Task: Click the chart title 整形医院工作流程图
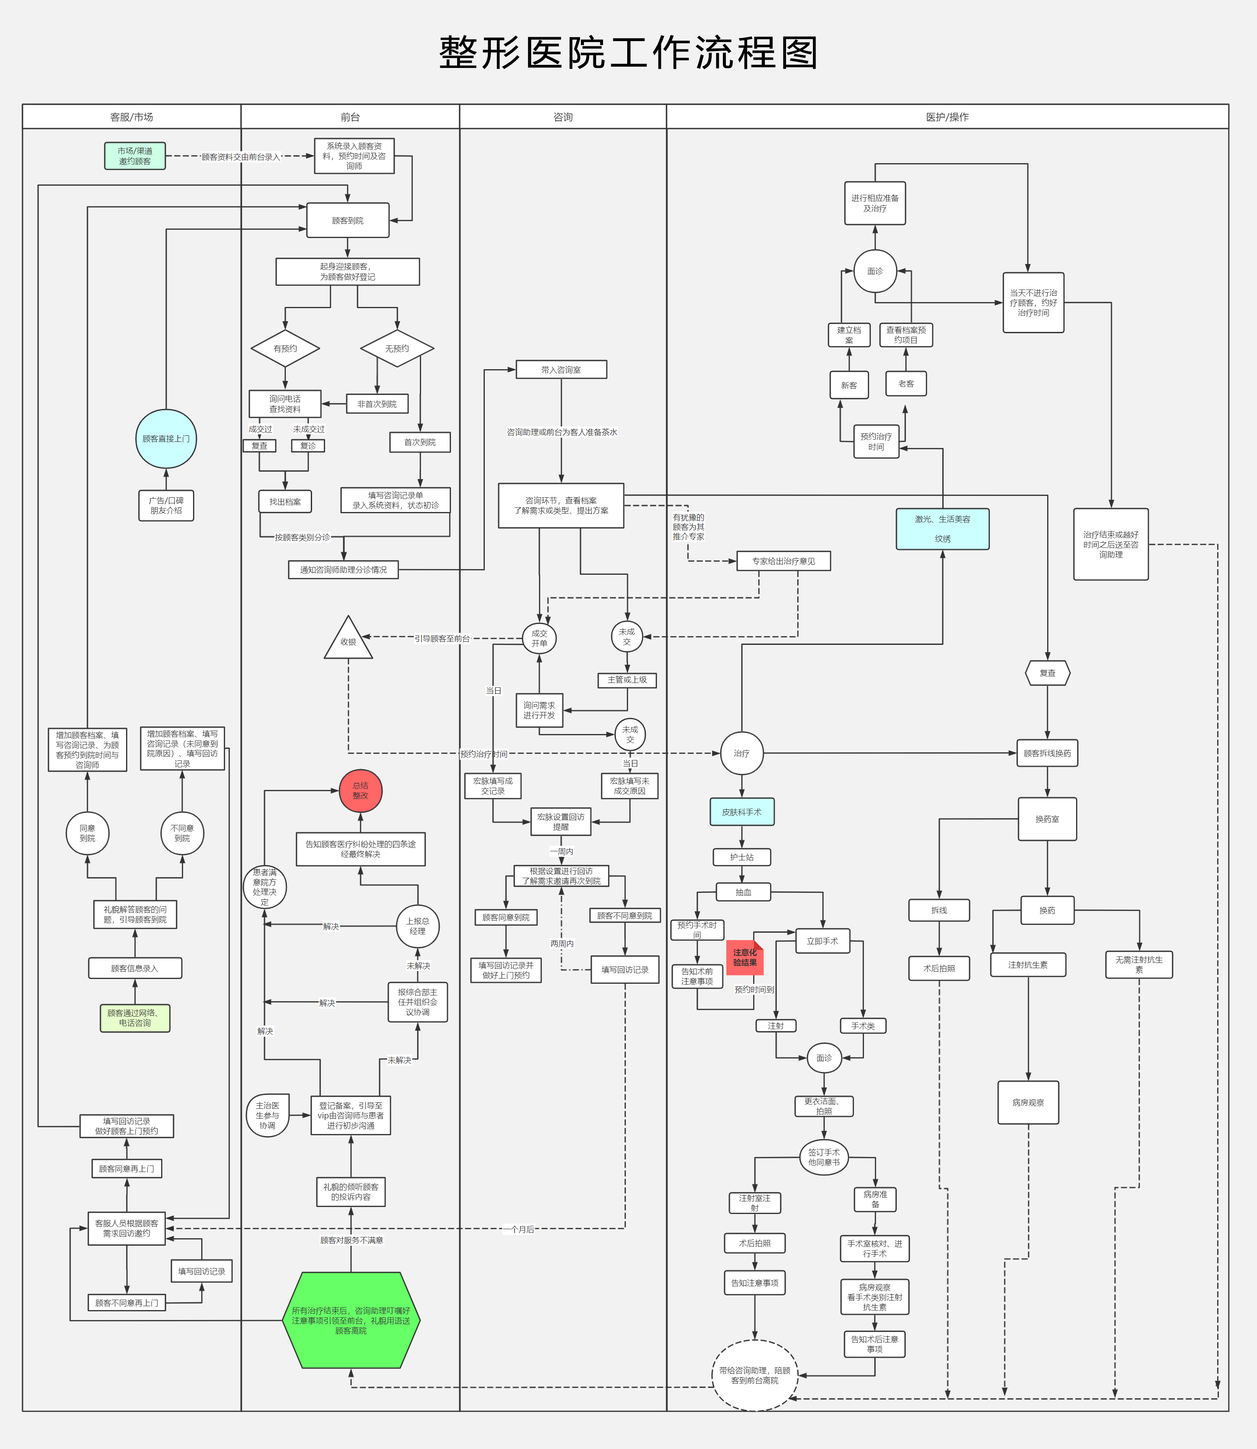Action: point(628,53)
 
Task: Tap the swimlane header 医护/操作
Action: point(947,117)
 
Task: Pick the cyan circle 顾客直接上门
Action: point(166,439)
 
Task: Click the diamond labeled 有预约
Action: point(286,348)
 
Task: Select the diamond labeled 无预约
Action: point(397,348)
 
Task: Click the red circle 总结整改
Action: point(361,790)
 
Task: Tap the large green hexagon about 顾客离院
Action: point(351,1320)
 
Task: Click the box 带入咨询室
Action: point(561,370)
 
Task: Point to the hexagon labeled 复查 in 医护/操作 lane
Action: point(1047,673)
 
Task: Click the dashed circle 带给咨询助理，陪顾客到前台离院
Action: point(755,1375)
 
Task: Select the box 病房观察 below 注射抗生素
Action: point(1028,1102)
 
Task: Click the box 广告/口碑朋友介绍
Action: point(166,505)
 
